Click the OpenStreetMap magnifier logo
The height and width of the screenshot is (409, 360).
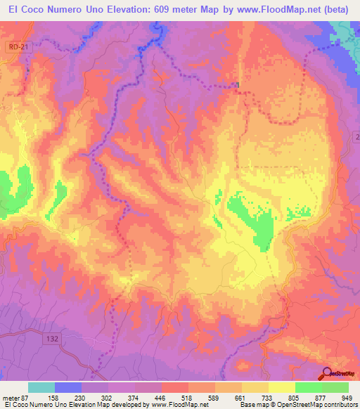(x=327, y=373)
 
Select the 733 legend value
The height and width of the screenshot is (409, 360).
(x=266, y=398)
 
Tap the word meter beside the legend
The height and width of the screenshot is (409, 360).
(x=12, y=398)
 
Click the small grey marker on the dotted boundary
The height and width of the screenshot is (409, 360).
(x=238, y=86)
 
